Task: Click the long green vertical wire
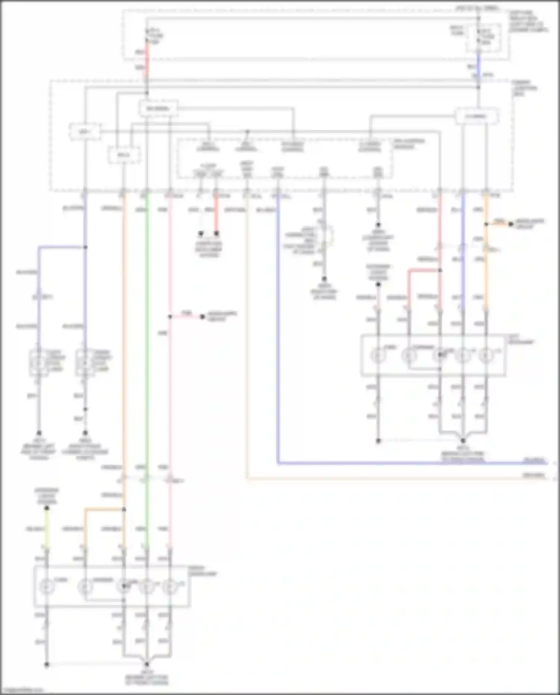[147, 336]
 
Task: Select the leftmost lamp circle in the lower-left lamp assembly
[47, 587]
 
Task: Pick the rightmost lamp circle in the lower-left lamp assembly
[170, 587]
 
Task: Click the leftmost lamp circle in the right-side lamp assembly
[378, 355]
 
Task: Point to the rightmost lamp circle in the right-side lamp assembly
[486, 355]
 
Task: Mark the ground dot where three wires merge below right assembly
[463, 441]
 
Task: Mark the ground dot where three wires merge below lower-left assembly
[147, 664]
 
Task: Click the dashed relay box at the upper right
[476, 116]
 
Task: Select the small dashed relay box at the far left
[85, 132]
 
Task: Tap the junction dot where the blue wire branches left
[85, 247]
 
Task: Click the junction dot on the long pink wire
[170, 317]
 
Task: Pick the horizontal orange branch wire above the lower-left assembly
[104, 509]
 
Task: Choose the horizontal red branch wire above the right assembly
[424, 270]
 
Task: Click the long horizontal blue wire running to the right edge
[411, 463]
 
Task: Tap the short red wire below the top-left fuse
[147, 60]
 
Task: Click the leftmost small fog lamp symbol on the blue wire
[38, 362]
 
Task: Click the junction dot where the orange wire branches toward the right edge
[486, 224]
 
